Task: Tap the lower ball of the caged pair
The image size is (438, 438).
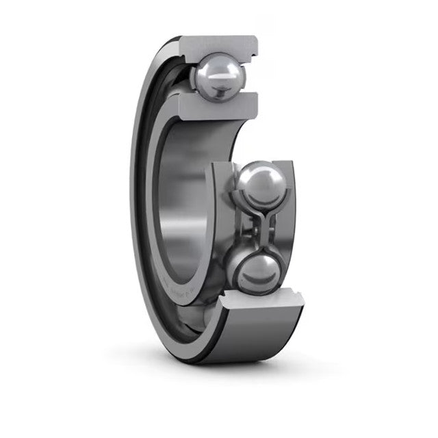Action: pyautogui.click(x=257, y=272)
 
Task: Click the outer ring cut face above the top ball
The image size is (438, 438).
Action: pyautogui.click(x=219, y=45)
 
